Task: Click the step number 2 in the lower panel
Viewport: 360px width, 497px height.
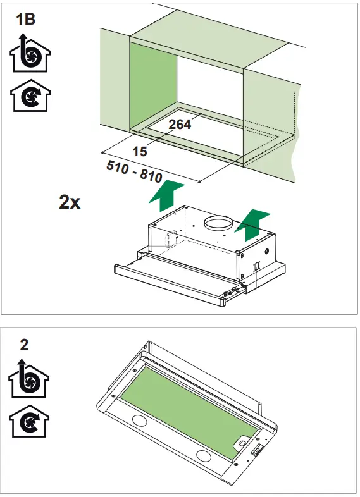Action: point(24,345)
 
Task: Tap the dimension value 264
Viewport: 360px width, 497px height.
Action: point(180,125)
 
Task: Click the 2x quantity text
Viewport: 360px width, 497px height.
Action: point(70,202)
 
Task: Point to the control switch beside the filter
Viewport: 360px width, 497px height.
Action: point(258,451)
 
